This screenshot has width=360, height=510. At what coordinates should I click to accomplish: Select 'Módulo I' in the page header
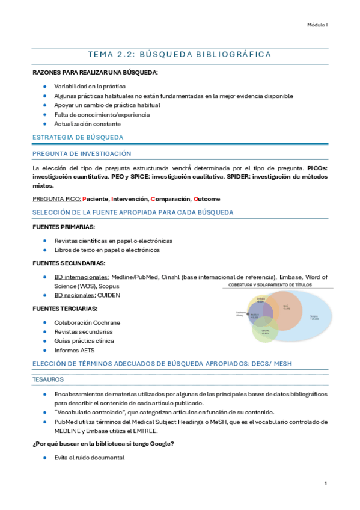coord(317,25)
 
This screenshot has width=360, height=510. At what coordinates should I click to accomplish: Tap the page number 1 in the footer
coord(325,483)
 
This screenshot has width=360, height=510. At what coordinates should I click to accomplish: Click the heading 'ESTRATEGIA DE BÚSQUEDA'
coord(78,137)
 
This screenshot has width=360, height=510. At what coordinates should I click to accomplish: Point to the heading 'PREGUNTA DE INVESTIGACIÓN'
coord(81,154)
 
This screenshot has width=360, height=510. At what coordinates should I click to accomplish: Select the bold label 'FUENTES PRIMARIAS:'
coord(64,227)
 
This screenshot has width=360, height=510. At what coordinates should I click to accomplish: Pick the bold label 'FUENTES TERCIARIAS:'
coord(65,309)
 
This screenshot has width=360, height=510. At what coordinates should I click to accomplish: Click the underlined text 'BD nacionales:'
coord(75,295)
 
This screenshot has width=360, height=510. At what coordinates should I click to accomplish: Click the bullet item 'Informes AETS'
coord(74,350)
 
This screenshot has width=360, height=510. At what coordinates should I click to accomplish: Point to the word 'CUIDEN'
coord(110,295)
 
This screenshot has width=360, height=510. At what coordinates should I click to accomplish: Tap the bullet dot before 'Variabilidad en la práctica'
coord(44,86)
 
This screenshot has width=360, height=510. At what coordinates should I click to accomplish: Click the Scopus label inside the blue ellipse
coord(314,317)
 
